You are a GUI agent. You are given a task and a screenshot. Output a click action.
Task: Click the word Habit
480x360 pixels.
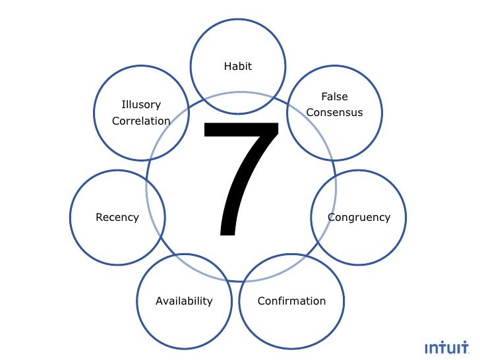[x=238, y=67]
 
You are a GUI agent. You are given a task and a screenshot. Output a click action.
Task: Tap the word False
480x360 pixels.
[x=334, y=97]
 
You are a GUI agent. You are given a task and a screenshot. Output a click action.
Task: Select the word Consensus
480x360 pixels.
[x=334, y=113]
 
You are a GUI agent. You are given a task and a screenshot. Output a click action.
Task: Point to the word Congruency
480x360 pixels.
[x=359, y=218]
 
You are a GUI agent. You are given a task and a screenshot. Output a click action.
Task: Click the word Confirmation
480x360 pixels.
[x=291, y=301]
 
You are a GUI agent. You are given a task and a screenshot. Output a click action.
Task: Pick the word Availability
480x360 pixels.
[x=184, y=301]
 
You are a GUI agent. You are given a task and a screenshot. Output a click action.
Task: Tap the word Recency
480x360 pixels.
[x=117, y=218]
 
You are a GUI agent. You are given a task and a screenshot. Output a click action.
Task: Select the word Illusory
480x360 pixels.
[x=141, y=105]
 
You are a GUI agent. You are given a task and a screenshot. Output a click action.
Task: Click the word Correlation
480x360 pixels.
[x=141, y=121]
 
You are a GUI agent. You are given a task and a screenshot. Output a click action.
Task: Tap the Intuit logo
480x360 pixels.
[x=446, y=347]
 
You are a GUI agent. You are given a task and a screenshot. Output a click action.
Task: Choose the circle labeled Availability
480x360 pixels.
[x=184, y=326]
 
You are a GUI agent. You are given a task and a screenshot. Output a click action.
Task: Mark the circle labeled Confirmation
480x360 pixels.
[x=291, y=326]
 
